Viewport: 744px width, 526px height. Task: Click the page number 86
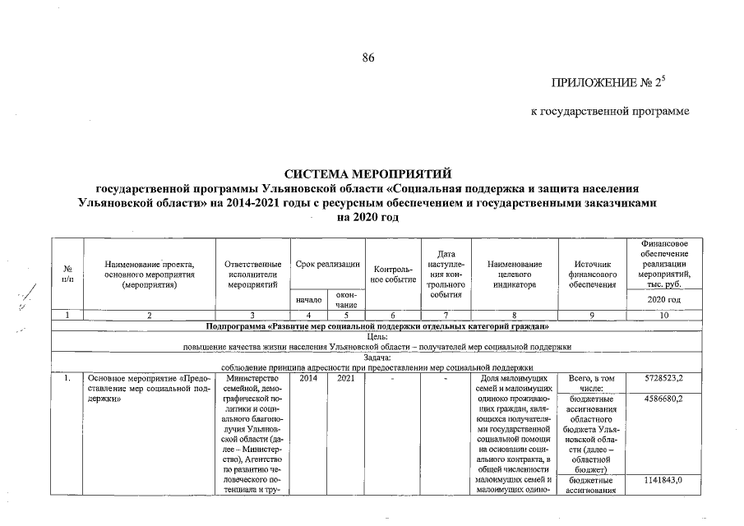click(369, 57)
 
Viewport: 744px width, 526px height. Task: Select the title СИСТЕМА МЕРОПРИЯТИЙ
click(368, 175)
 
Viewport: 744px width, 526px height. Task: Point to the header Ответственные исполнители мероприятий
click(252, 275)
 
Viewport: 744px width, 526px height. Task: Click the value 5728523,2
click(662, 377)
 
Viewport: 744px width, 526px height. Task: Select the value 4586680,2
click(662, 399)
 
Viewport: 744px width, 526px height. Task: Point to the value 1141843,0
click(662, 479)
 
